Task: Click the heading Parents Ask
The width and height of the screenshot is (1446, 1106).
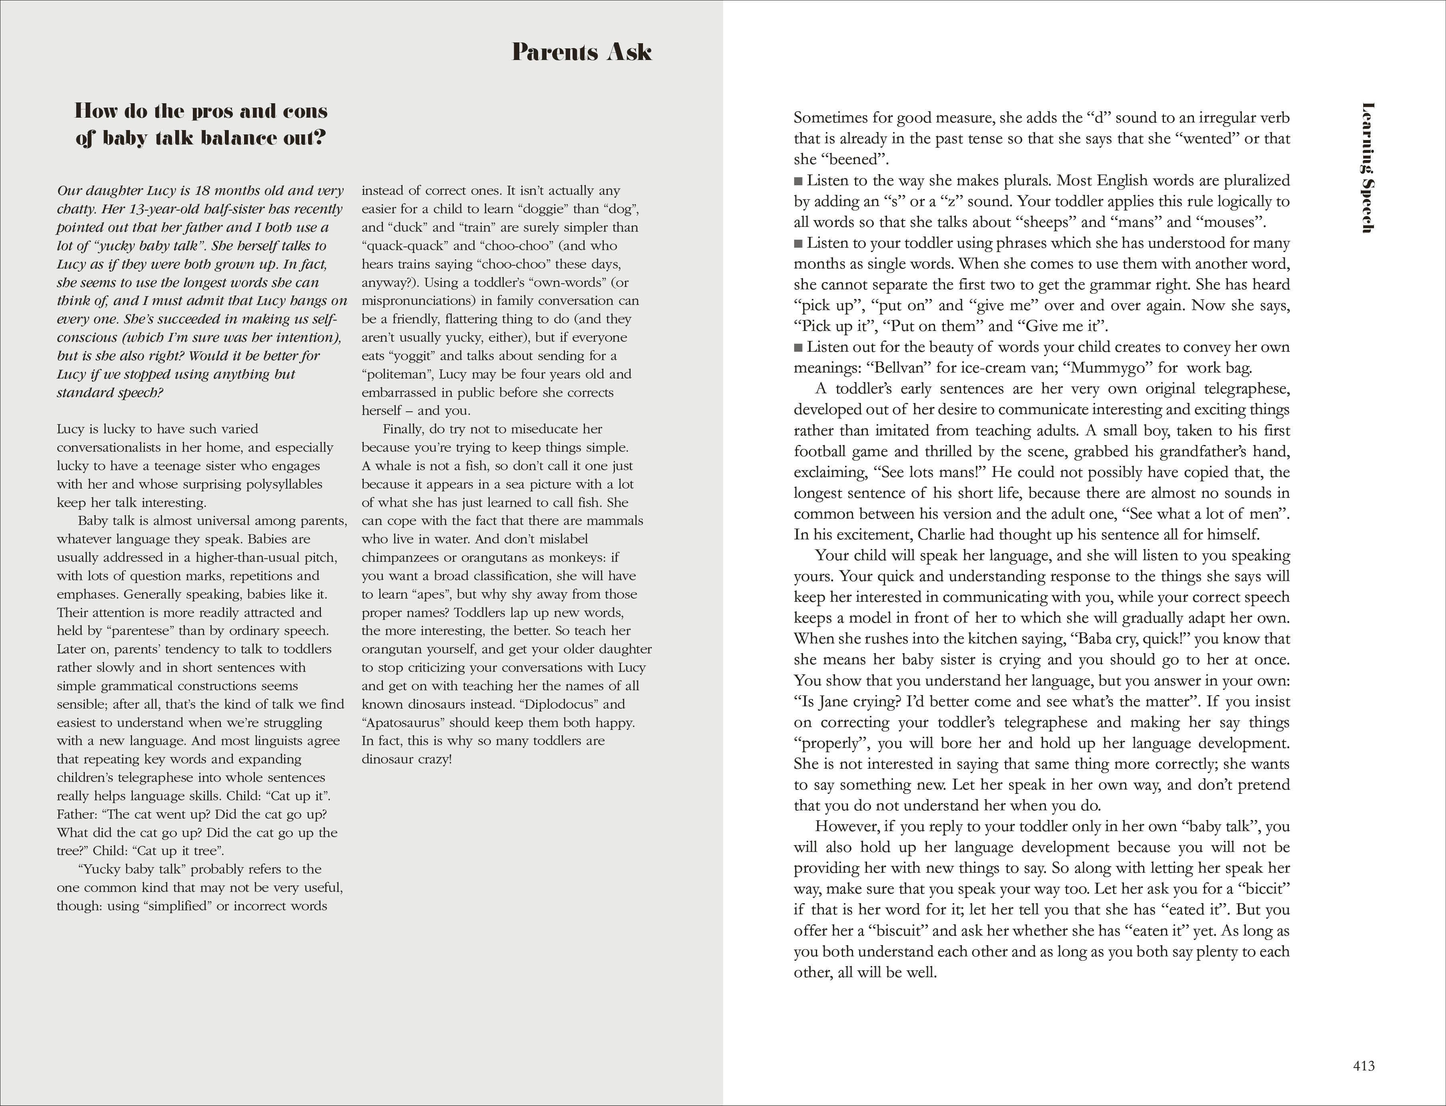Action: pyautogui.click(x=582, y=52)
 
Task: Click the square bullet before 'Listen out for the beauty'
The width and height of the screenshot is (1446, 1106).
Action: pyautogui.click(x=798, y=347)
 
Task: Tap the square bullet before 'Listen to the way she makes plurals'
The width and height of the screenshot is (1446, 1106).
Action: pyautogui.click(x=798, y=180)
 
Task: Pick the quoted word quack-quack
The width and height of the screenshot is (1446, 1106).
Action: pyautogui.click(x=403, y=246)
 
